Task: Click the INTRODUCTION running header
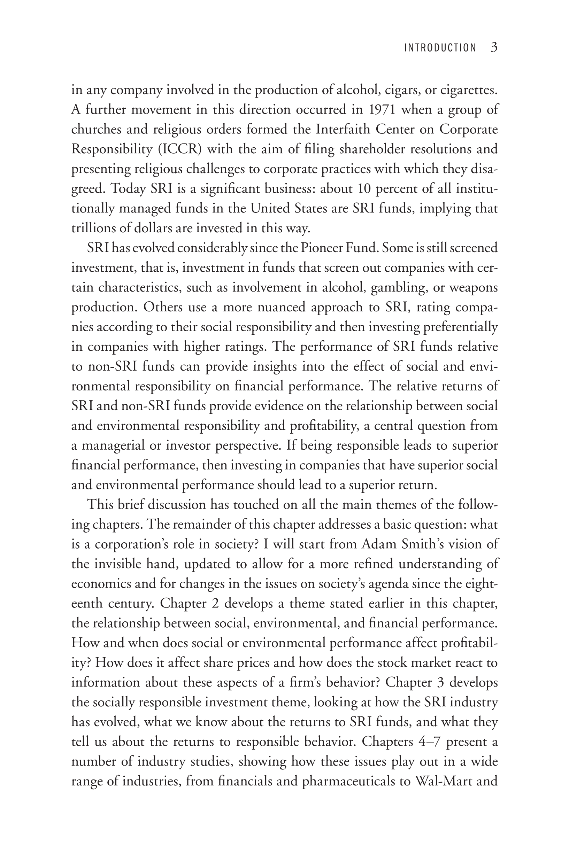(440, 48)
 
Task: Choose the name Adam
(377, 544)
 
